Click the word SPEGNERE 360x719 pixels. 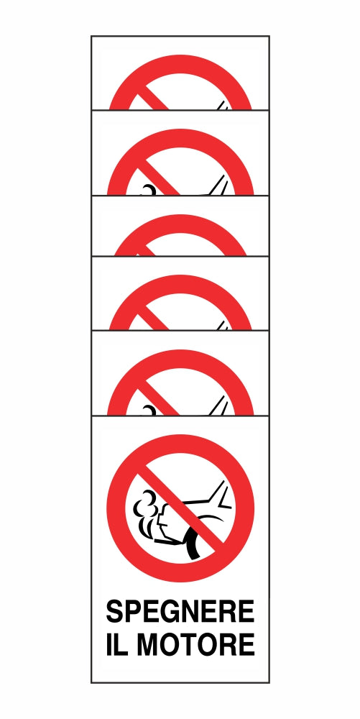[x=180, y=611]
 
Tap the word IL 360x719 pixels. [x=118, y=644]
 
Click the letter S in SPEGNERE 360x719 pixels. [x=115, y=611]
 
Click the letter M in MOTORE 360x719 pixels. [x=148, y=644]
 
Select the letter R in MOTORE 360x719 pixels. [x=228, y=644]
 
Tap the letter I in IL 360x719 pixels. [x=109, y=644]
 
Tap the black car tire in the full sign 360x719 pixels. [x=193, y=542]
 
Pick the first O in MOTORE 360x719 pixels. [x=170, y=644]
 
